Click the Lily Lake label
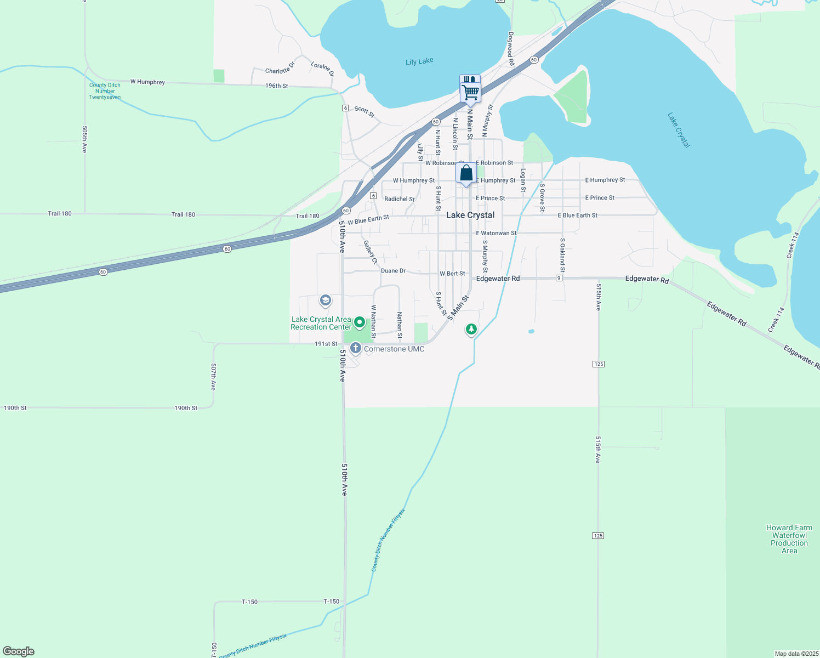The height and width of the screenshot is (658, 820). (x=419, y=61)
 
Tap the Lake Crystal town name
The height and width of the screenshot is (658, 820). (x=470, y=215)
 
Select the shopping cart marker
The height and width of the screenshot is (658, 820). (x=470, y=92)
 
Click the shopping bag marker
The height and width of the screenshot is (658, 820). (x=466, y=173)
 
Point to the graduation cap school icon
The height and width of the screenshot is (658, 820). (x=326, y=300)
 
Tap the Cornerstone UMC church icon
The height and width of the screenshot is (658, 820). (x=356, y=348)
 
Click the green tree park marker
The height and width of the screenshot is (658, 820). (x=471, y=330)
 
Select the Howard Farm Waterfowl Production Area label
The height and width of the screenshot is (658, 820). (x=789, y=539)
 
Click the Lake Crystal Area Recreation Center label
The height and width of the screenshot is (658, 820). (x=321, y=323)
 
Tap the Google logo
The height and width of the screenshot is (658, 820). (x=19, y=651)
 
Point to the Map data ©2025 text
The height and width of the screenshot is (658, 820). (x=796, y=654)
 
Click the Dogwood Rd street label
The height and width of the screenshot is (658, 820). (x=511, y=49)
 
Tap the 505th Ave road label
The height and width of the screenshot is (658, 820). (x=85, y=139)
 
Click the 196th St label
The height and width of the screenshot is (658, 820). (x=276, y=86)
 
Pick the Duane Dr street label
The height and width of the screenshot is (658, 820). (x=393, y=271)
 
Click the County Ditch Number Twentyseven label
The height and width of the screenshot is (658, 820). (x=105, y=91)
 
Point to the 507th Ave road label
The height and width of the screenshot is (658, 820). (x=213, y=377)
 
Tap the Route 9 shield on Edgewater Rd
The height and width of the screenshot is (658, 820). (x=559, y=278)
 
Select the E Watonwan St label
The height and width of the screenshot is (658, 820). (x=496, y=233)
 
